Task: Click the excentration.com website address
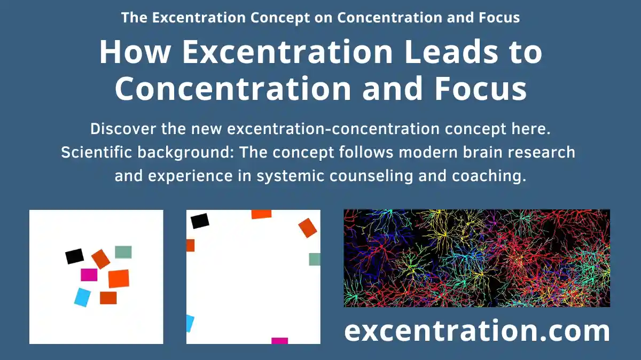point(476,331)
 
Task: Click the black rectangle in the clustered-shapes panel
point(75,256)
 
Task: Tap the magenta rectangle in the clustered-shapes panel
point(89,275)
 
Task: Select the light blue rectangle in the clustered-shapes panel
point(82,298)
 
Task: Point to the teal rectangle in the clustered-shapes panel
point(123,252)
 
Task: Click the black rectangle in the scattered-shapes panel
point(200,221)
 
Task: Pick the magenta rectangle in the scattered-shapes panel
point(279,341)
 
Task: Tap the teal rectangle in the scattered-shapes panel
point(315,259)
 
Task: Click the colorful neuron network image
point(476,258)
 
